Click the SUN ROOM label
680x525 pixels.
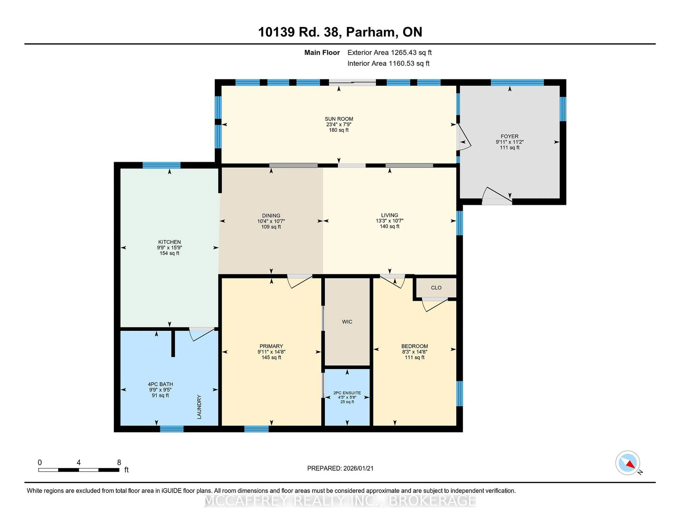click(339, 119)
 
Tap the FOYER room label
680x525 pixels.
click(509, 136)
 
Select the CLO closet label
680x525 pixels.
click(436, 288)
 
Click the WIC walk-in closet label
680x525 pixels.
click(347, 322)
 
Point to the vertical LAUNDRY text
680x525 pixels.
click(199, 407)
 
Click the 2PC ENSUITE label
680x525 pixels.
click(347, 393)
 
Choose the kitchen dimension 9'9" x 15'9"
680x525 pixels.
click(169, 248)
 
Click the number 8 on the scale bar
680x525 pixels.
click(119, 463)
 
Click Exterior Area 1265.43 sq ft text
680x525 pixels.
click(389, 53)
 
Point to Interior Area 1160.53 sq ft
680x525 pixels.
click(388, 64)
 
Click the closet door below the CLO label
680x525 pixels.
click(434, 304)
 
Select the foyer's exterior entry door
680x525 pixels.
click(497, 196)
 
